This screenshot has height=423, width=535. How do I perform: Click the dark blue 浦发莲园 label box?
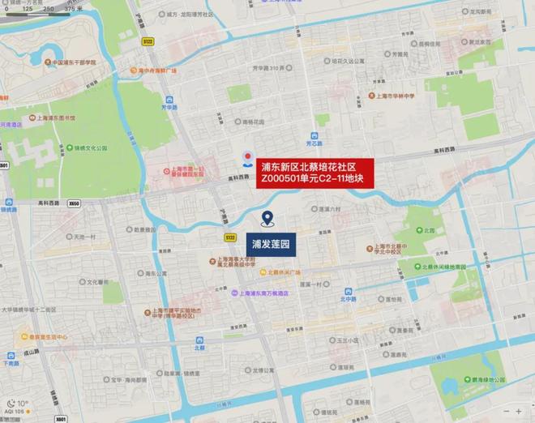click(x=272, y=242)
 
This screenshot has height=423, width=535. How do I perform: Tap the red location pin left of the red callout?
click(x=247, y=156)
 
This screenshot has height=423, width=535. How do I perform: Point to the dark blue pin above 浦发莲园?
click(x=267, y=218)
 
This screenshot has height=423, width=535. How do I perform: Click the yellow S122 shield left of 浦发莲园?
click(x=230, y=237)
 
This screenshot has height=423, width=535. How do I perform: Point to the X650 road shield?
click(x=75, y=203)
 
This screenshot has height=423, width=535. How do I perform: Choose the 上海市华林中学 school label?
click(x=395, y=96)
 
